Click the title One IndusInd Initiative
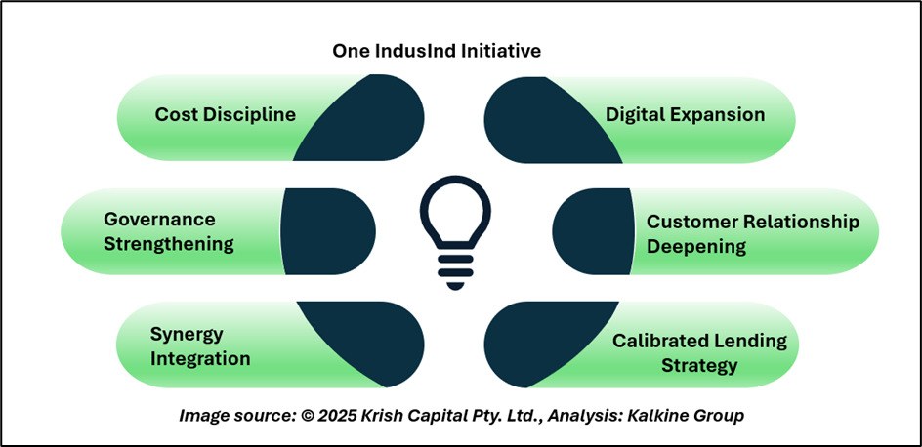(x=437, y=50)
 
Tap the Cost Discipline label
(x=225, y=114)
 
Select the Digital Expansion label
(x=685, y=114)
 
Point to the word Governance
(x=159, y=219)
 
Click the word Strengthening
(x=169, y=243)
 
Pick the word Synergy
(x=187, y=334)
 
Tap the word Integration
(x=200, y=358)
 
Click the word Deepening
(x=696, y=246)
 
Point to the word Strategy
(x=699, y=366)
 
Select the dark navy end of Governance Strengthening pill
(x=327, y=232)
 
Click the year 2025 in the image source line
(x=341, y=416)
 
